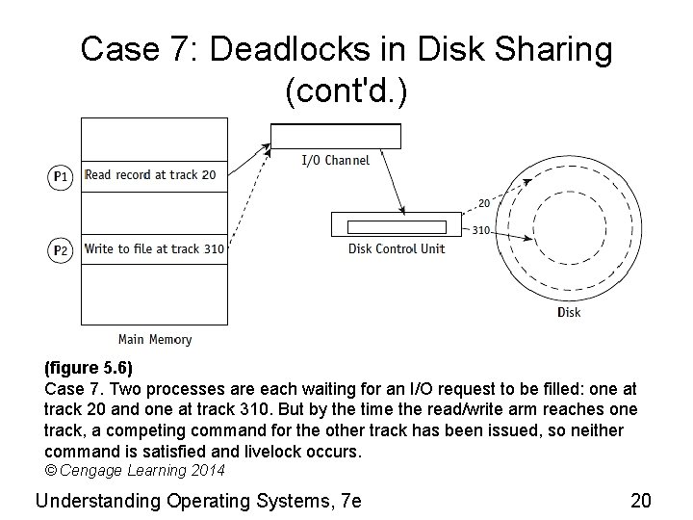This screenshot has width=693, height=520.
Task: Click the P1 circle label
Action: [x=60, y=176]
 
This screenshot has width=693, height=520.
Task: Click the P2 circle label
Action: [x=60, y=250]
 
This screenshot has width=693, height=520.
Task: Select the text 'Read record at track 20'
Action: [x=150, y=175]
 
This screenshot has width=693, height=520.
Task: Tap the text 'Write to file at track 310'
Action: [x=154, y=249]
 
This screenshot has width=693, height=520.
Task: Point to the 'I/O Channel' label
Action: [x=335, y=160]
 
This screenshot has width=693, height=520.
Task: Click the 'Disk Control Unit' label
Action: [x=396, y=248]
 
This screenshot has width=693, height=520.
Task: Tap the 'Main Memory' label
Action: [x=154, y=339]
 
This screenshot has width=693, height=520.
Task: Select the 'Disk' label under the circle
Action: [x=569, y=312]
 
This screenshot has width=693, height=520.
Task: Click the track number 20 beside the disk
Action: [x=483, y=203]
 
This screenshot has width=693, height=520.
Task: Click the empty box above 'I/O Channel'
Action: [x=335, y=137]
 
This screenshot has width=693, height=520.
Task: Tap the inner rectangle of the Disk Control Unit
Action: [x=396, y=227]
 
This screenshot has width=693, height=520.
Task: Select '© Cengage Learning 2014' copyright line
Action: [x=135, y=471]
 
